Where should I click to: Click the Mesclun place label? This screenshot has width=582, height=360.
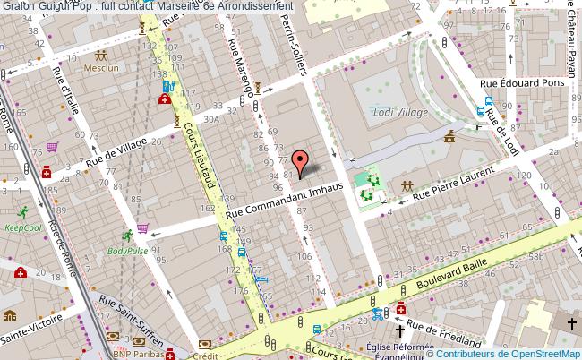point(99,67)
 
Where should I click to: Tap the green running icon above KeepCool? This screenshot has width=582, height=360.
point(22,212)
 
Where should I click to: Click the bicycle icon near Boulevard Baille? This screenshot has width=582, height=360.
point(380,313)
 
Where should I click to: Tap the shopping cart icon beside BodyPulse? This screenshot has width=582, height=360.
point(143,228)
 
